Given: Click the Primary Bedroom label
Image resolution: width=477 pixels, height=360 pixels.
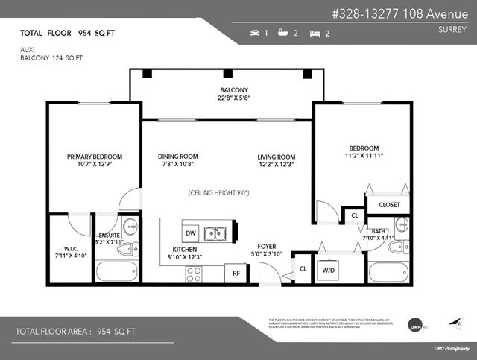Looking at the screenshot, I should point(95,157).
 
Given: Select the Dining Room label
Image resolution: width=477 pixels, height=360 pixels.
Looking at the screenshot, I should point(178,157).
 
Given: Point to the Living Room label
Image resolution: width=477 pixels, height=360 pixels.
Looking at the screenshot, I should point(277,157).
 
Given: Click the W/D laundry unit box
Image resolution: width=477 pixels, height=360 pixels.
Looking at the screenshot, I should point(329,271).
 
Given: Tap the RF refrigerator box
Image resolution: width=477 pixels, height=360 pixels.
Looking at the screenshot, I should point(237,274).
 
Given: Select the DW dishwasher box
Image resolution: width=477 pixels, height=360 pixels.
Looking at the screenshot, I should point(192,233).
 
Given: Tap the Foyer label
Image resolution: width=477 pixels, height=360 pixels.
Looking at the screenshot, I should point(267,246).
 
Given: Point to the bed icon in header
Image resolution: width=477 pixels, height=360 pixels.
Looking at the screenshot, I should point(315,34).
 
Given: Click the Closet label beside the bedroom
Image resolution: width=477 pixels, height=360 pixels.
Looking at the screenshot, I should point(389,205).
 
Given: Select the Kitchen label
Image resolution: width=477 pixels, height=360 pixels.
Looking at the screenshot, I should point(185,249).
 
